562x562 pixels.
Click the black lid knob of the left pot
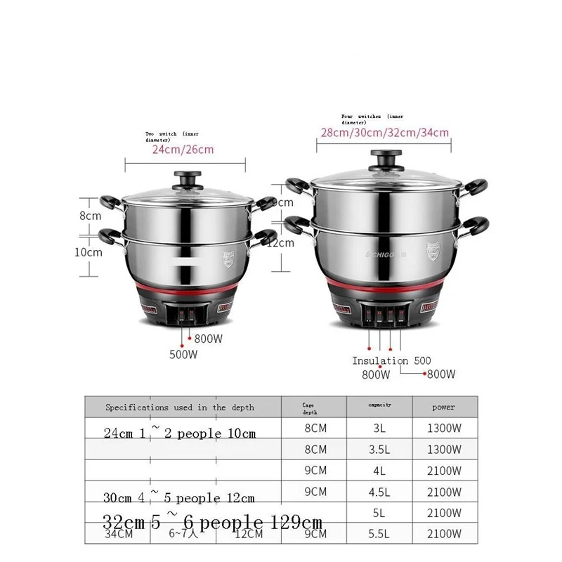coord(188,179)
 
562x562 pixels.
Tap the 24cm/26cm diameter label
coord(183,149)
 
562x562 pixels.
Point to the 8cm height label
coord(90,216)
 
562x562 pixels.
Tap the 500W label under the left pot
coord(183,355)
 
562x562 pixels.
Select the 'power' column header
coord(444,407)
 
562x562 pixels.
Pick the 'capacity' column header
coord(380,405)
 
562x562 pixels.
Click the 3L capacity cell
coord(380,428)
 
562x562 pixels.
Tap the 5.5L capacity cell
coord(380,536)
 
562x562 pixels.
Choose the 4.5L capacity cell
coord(380,492)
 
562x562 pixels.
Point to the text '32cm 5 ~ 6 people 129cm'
coord(213,523)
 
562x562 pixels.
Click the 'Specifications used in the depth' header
coord(180,407)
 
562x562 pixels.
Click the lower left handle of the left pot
coord(110,234)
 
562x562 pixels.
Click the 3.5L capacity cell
coord(380,449)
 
